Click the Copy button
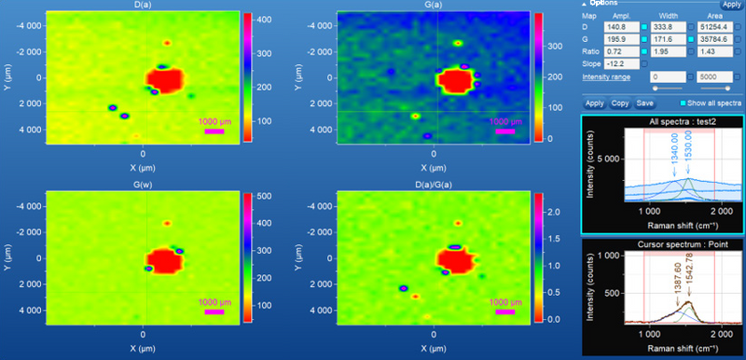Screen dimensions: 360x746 619,103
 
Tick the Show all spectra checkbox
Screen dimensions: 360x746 684,103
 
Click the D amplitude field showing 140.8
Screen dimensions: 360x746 621,28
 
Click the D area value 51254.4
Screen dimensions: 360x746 715,28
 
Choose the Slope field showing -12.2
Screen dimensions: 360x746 621,62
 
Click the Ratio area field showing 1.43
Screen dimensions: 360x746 715,51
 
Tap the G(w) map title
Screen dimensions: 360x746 143,186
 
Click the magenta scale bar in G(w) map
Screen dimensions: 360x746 213,312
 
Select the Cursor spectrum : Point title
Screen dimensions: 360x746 661,243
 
